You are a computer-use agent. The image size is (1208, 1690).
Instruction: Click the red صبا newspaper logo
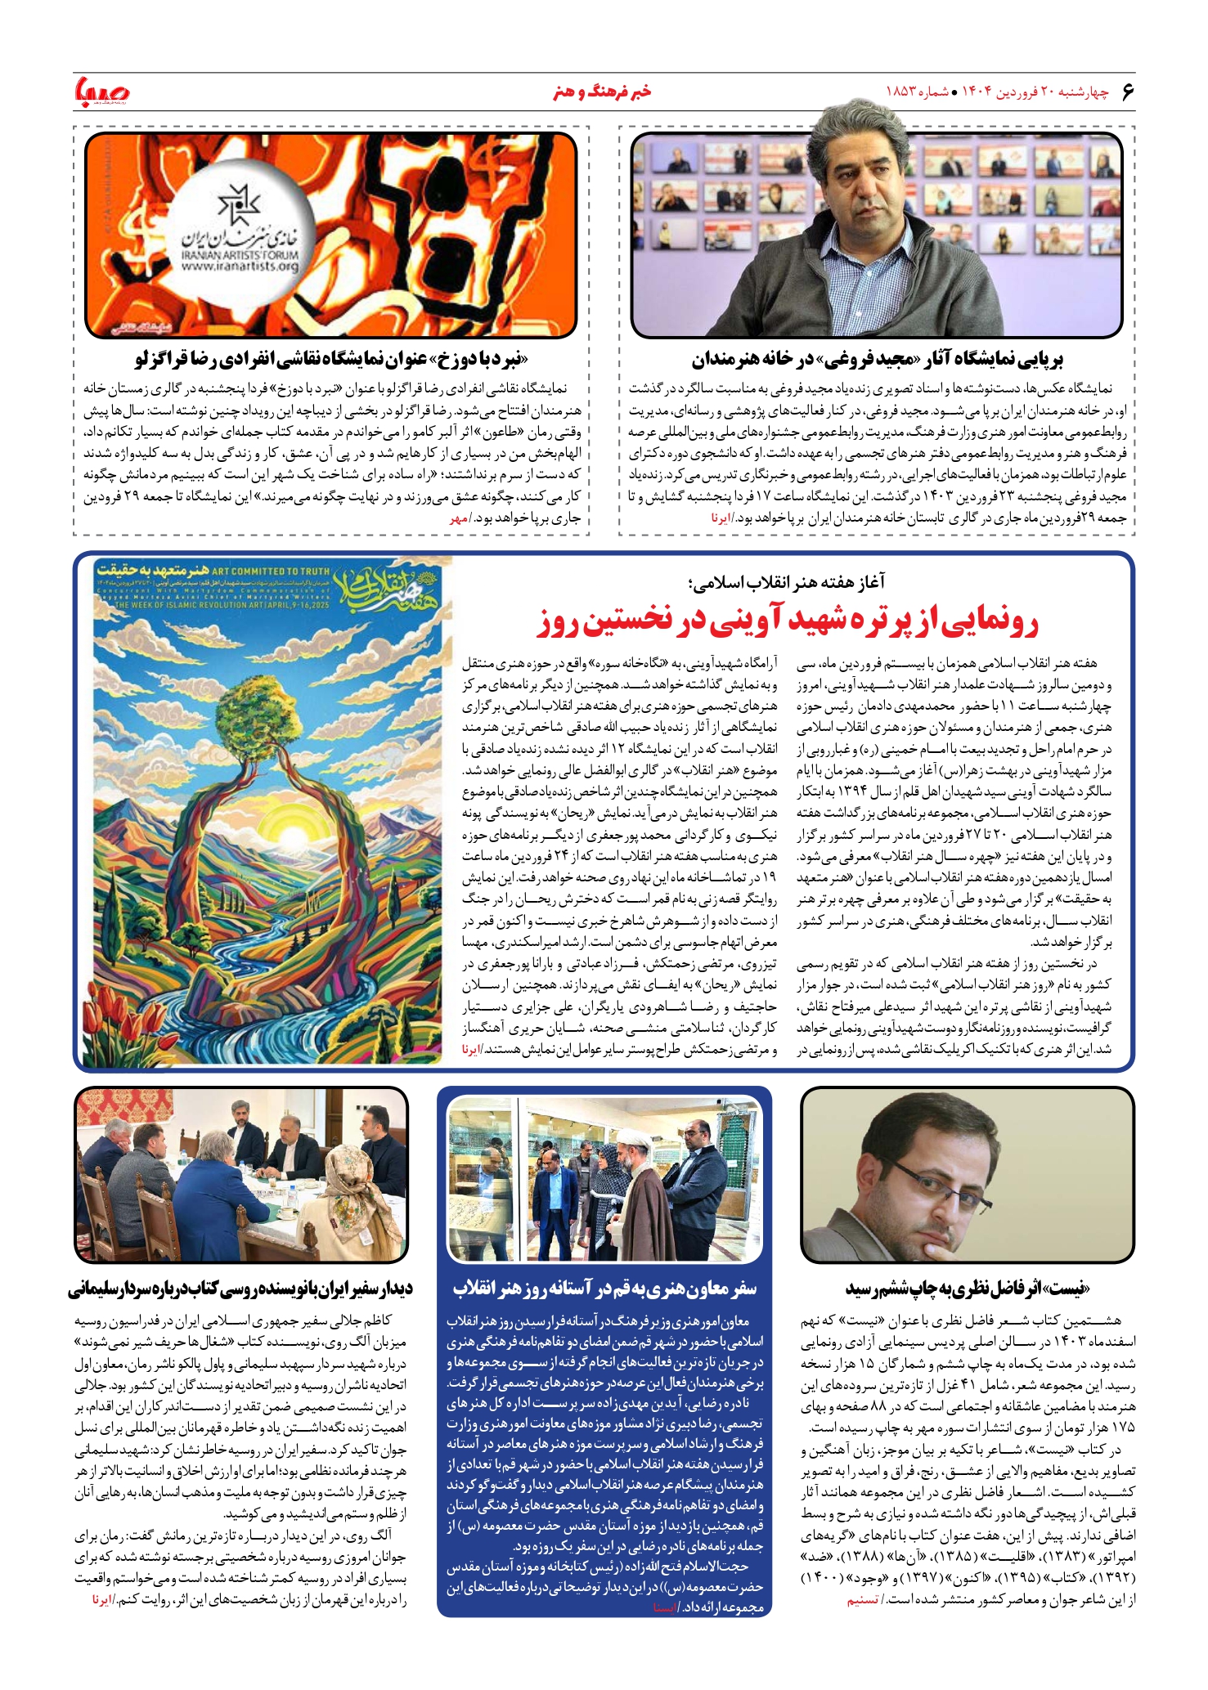101,91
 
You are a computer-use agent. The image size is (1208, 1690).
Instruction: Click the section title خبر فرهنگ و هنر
602,91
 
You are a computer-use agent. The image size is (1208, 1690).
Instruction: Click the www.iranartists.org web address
240,266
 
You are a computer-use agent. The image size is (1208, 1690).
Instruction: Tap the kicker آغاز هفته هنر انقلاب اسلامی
787,581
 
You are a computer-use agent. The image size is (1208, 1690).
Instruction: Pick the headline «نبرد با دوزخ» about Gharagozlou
331,358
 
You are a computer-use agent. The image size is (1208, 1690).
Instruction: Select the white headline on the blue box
604,1289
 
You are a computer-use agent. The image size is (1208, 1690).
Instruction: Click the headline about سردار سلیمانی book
240,1289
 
